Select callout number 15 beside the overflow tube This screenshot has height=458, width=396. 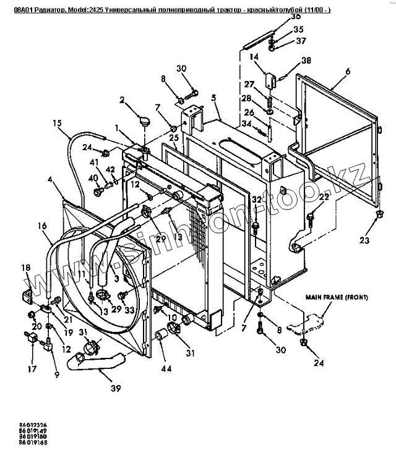[57, 122]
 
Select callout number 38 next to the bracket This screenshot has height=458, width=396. [306, 61]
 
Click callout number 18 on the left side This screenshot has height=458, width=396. [25, 268]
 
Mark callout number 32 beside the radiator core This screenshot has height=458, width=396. [256, 199]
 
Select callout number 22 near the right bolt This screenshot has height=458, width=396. [324, 197]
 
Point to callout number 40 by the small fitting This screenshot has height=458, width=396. [93, 178]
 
